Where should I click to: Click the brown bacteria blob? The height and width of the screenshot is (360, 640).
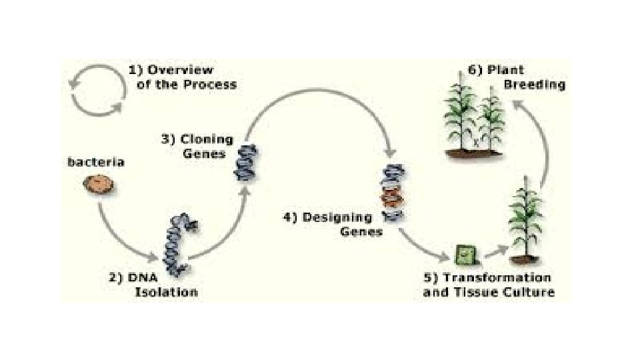[x=99, y=184]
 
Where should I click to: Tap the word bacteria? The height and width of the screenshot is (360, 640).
[x=96, y=162]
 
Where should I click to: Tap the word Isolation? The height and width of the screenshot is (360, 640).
[x=166, y=292]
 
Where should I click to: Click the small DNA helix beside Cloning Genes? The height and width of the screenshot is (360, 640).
[x=245, y=162]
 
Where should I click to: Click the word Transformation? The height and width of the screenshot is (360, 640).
[x=497, y=277]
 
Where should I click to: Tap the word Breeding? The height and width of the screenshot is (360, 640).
[x=534, y=85]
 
